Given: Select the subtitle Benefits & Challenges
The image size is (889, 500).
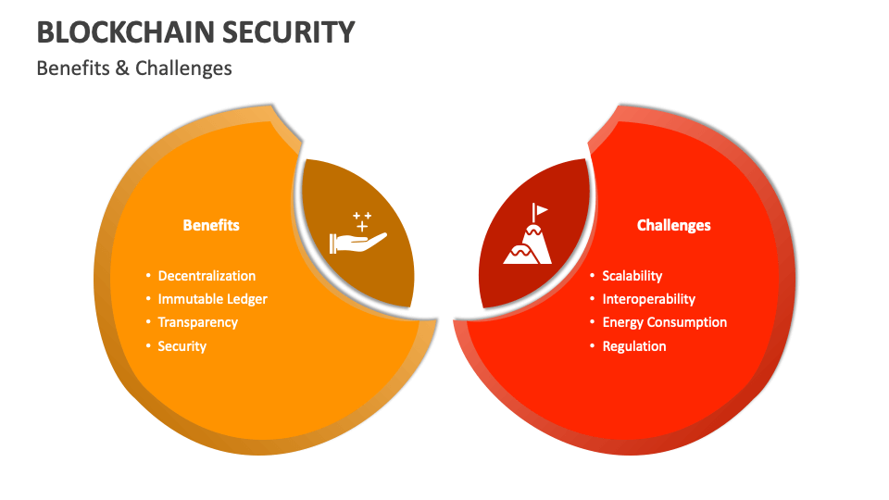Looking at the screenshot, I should tap(134, 68).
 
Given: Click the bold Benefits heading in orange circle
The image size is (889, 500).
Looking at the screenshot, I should tap(211, 225).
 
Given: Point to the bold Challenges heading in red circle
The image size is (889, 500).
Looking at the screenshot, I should tap(674, 225).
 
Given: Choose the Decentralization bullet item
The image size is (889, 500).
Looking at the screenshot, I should tap(207, 276).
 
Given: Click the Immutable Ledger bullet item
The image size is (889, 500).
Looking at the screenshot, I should tap(212, 299).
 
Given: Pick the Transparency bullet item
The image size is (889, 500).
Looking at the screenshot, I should tap(198, 322).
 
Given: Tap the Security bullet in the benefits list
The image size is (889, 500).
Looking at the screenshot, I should tap(182, 346).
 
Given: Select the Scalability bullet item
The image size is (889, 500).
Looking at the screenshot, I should tap(632, 276).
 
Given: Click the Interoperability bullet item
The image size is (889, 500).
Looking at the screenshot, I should tap(648, 299).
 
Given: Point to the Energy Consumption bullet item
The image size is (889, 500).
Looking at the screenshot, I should tap(664, 322).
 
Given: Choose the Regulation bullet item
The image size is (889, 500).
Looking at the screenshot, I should tap(634, 346).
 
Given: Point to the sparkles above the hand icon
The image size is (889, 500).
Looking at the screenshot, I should tap(361, 220).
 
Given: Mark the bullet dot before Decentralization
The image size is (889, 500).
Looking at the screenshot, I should tap(148, 276).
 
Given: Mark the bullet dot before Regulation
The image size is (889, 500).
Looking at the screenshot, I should tap(593, 346).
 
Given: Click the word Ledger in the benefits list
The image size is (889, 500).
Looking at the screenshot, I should tap(246, 299).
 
